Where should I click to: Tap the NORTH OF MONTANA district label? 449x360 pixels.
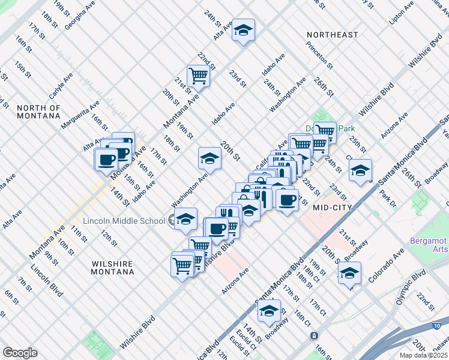tap(39, 112)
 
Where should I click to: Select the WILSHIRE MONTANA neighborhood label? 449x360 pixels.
tap(113, 268)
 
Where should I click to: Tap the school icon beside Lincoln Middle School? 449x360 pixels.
tap(186, 220)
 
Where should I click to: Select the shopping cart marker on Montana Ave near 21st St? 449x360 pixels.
tap(197, 76)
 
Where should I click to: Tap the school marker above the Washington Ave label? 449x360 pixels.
tap(209, 158)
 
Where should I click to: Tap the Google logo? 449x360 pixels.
tap(20, 352)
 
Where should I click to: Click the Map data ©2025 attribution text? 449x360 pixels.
tap(424, 355)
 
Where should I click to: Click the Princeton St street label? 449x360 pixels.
tap(318, 53)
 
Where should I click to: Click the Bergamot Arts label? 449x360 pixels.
tap(429, 245)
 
